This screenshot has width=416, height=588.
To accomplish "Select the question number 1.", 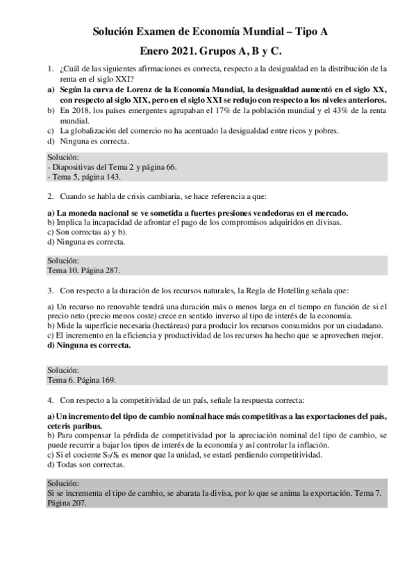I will pos(50,69).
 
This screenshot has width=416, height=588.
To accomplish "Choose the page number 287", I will pos(119,270).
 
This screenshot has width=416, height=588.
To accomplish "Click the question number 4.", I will pos(50,400).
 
